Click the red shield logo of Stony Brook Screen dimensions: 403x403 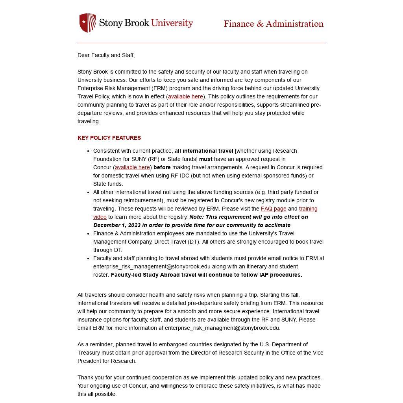tap(87, 22)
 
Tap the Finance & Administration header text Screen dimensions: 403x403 tap(274, 24)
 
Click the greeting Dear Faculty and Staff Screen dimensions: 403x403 tap(106, 55)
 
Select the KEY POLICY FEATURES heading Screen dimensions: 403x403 tap(109, 138)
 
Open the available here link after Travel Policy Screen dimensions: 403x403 tap(185, 96)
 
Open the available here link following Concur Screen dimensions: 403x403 tap(132, 167)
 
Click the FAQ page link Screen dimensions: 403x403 tap(274, 209)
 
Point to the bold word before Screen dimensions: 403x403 tap(162, 167)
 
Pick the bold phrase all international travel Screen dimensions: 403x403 tap(204, 151)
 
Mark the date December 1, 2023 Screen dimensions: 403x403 tap(116, 225)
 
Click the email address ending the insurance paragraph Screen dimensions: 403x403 tap(222, 328)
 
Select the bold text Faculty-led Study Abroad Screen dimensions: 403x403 tap(146, 275)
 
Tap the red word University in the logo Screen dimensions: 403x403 tap(172, 23)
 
